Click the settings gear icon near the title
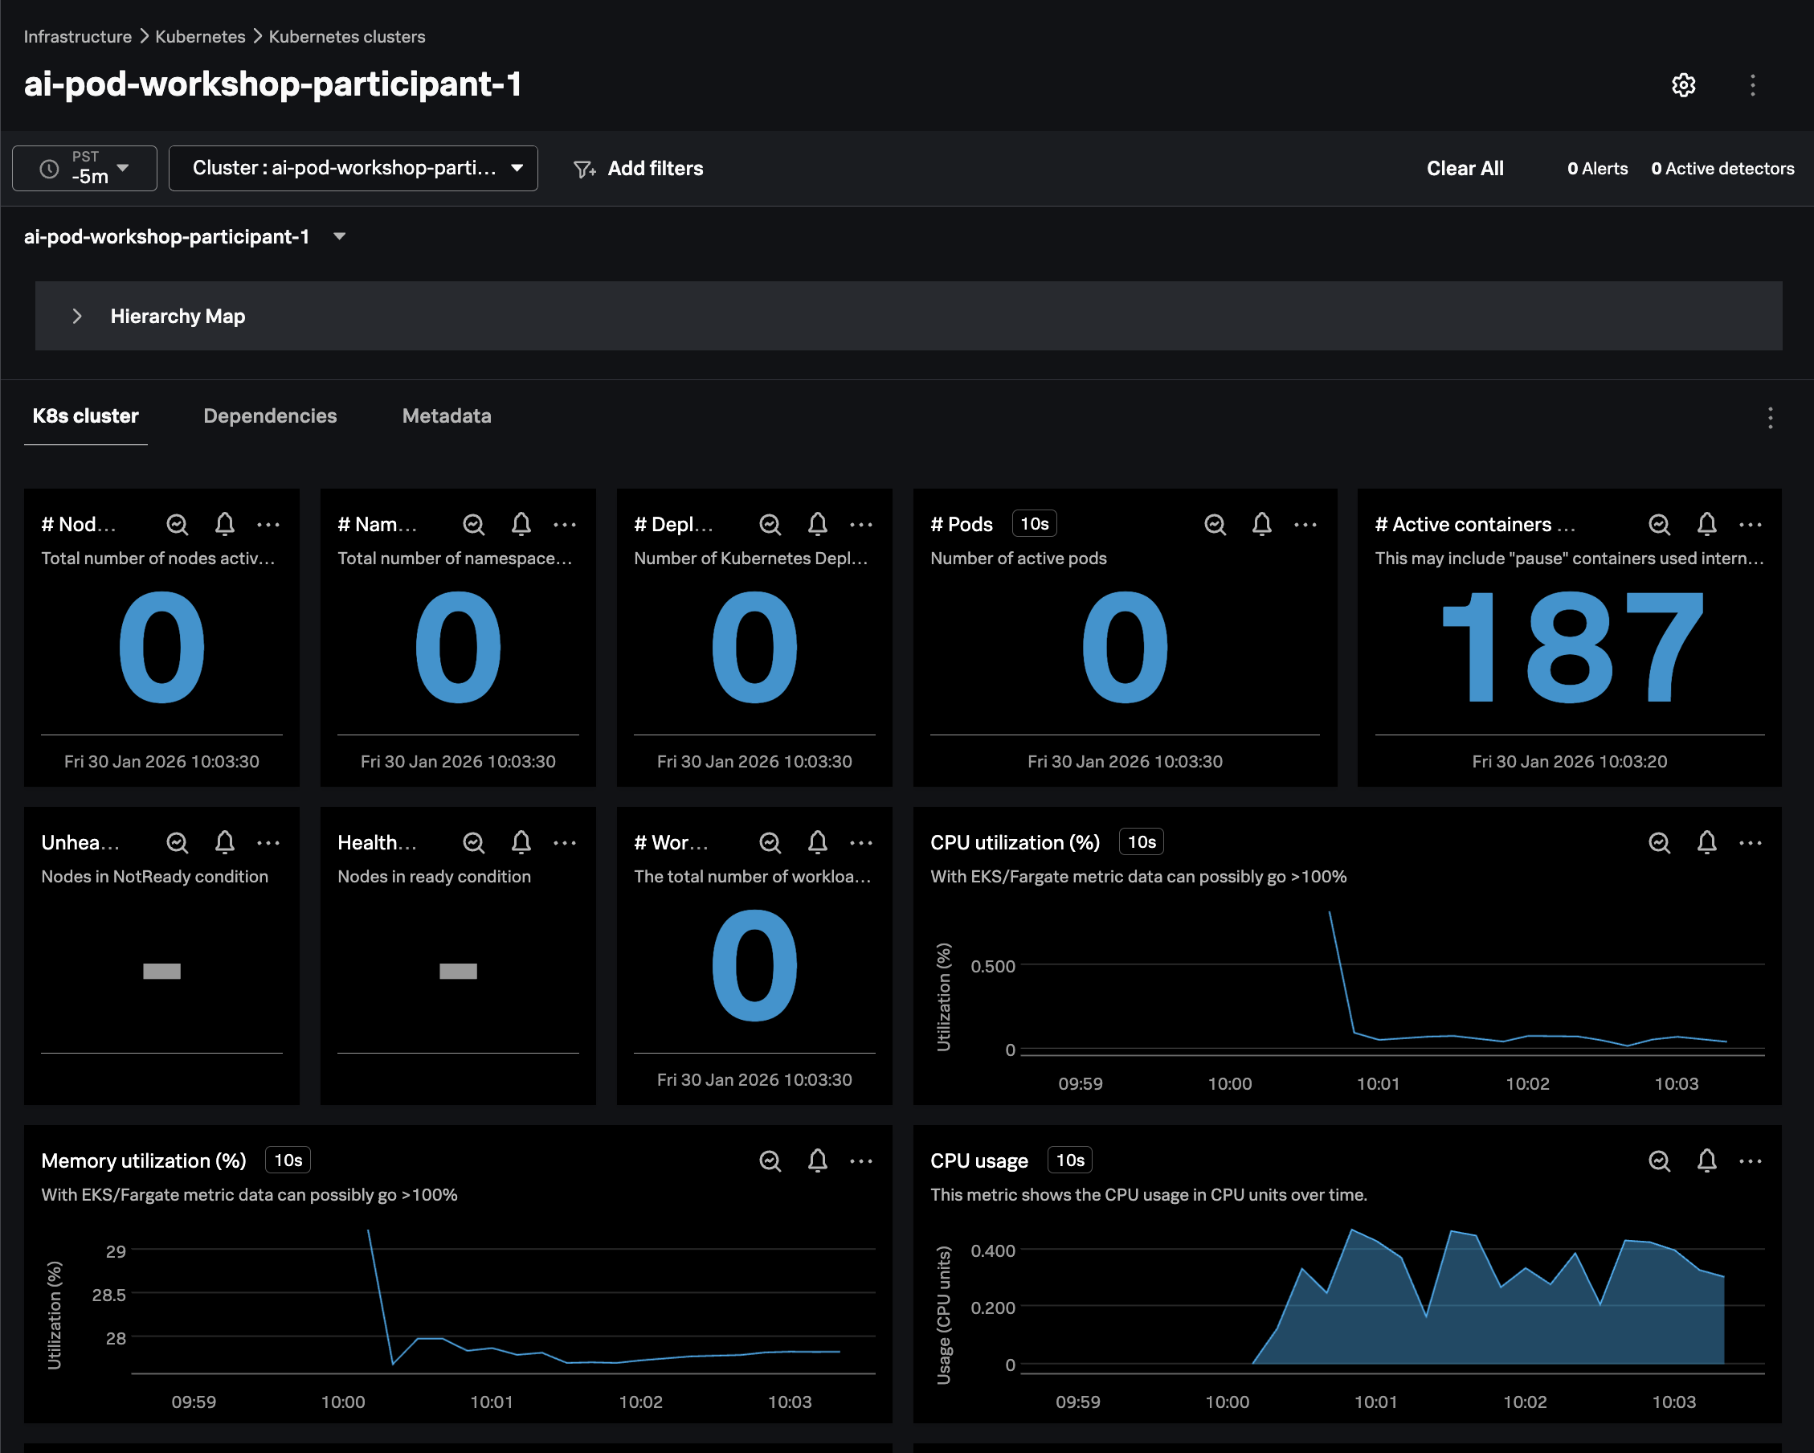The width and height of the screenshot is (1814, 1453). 1683,85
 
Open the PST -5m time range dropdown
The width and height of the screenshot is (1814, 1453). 84,169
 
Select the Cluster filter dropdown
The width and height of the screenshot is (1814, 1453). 353,169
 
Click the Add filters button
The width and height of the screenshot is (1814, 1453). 639,169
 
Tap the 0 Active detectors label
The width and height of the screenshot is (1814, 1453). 1722,169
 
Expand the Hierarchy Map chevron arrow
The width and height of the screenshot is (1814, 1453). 76,316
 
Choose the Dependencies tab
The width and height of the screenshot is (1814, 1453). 270,415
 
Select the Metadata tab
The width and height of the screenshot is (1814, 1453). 447,415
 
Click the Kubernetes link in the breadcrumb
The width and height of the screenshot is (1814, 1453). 200,36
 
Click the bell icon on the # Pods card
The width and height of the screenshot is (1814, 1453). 1261,525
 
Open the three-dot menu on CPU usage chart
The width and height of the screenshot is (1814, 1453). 1750,1161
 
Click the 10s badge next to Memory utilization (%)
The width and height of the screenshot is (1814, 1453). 288,1160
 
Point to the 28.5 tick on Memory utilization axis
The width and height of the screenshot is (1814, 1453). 109,1295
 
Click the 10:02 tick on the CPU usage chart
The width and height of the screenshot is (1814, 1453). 1525,1402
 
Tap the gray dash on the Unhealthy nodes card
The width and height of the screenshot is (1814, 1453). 161,971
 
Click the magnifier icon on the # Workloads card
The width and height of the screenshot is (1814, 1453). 770,843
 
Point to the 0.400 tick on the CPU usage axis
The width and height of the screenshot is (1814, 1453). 993,1250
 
